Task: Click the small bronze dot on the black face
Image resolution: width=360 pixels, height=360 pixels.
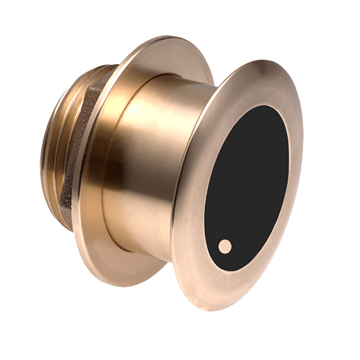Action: coord(225,247)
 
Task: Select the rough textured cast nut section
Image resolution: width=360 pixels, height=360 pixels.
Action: coord(77,151)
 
